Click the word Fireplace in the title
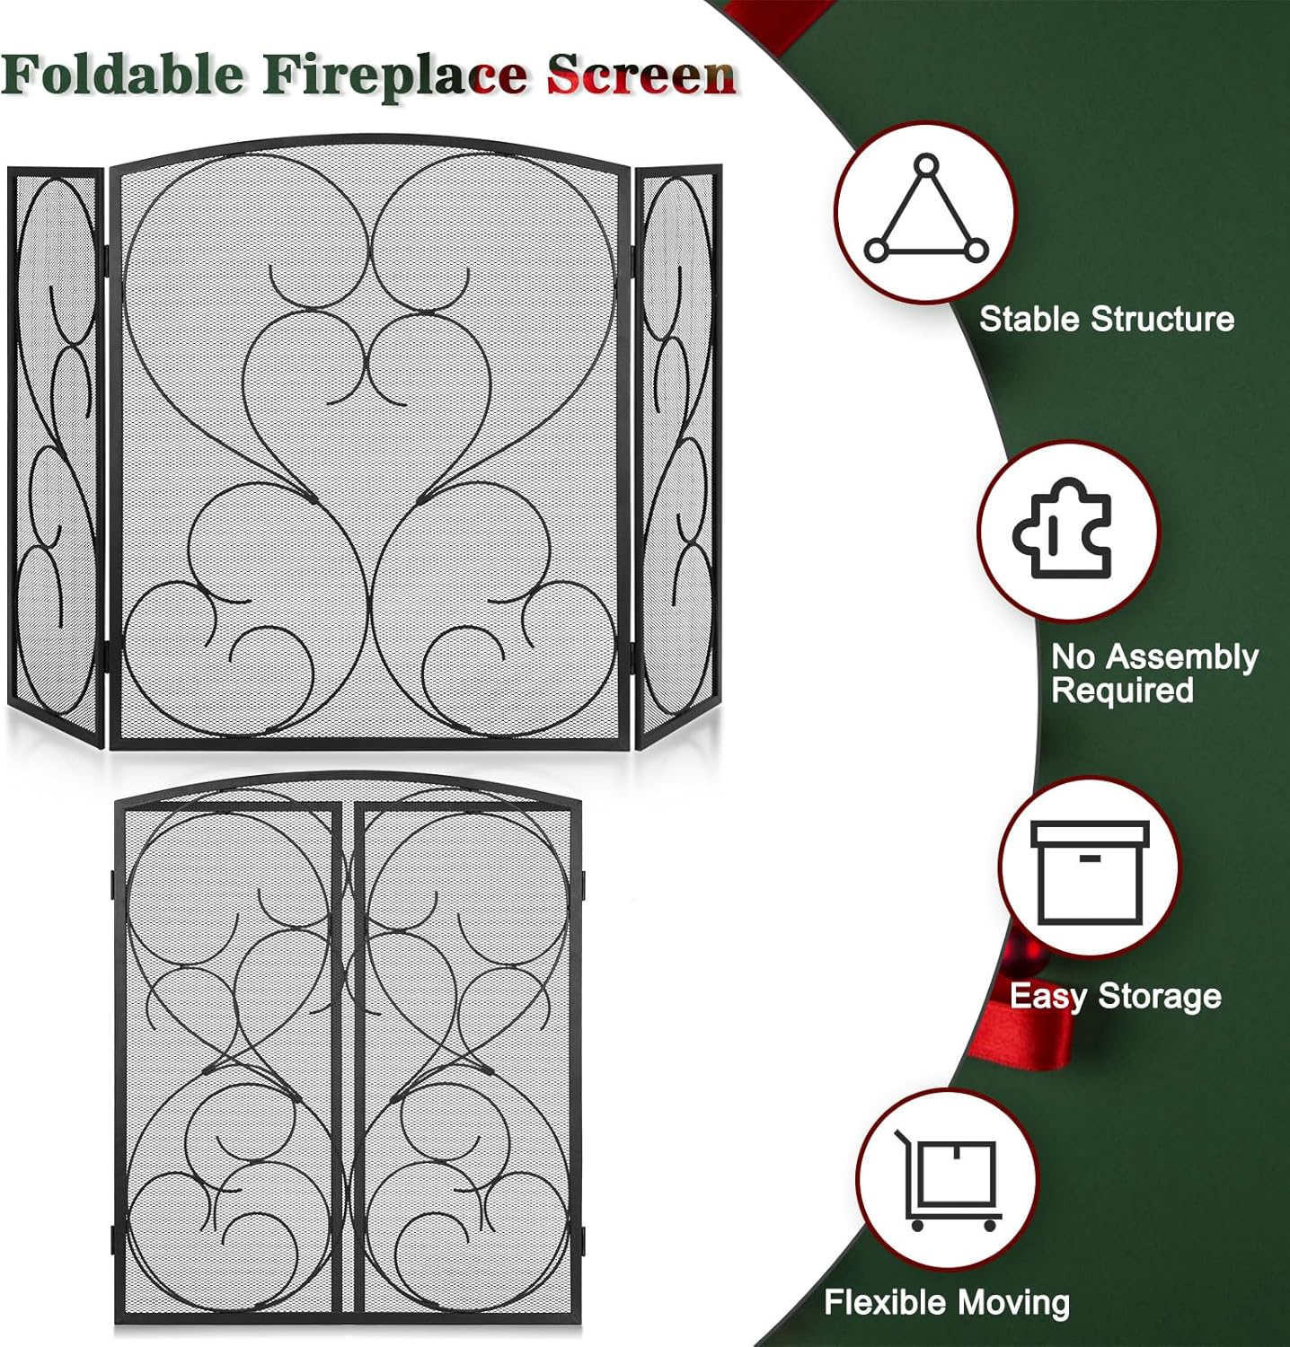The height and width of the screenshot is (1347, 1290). click(x=395, y=75)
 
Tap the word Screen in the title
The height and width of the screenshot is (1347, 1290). click(x=641, y=75)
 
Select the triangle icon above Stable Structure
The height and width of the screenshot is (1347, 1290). click(x=926, y=213)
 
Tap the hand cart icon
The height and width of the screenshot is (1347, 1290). click(x=949, y=1179)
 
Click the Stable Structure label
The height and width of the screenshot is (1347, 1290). click(x=1106, y=319)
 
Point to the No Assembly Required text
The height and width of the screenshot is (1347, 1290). click(x=1153, y=673)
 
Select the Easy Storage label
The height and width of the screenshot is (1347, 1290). click(x=1115, y=996)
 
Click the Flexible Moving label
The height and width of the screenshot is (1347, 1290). click(x=947, y=1302)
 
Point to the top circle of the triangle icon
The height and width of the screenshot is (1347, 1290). click(x=926, y=167)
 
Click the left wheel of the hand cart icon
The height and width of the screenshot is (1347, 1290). click(x=917, y=1225)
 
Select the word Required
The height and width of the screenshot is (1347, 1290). click(x=1122, y=691)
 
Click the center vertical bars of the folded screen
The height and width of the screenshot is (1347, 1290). click(x=349, y=1060)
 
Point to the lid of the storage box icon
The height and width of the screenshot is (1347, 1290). click(x=1090, y=833)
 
